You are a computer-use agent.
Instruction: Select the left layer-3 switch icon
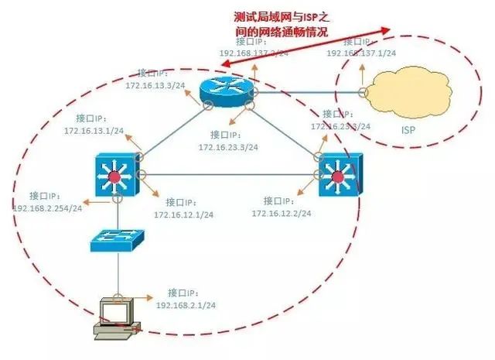pos(115,174)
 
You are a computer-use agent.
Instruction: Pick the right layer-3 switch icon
pos(337,176)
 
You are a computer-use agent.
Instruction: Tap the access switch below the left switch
pos(116,239)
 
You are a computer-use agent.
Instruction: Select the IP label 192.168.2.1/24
pos(186,306)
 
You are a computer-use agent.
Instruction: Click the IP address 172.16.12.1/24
pos(183,214)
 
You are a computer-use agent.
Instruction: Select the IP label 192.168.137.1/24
pos(361,53)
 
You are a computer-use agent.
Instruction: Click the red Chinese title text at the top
pos(282,24)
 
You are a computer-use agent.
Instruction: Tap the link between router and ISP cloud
pos(309,92)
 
